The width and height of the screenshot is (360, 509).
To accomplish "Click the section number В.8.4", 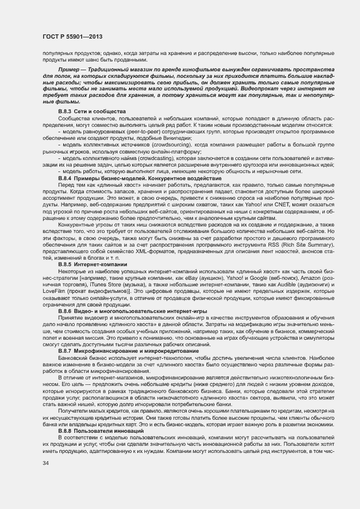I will [x=65, y=178].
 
